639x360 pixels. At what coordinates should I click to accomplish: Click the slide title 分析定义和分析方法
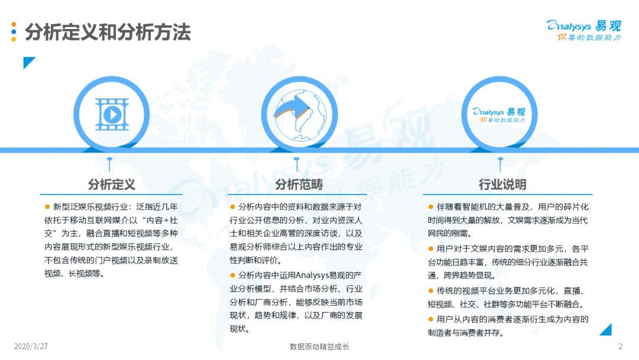[108, 32]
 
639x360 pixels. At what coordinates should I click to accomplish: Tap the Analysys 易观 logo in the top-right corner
[583, 30]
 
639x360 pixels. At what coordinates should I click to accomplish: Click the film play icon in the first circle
[112, 114]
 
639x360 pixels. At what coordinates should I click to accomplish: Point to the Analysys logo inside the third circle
[499, 114]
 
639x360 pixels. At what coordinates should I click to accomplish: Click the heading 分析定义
[112, 184]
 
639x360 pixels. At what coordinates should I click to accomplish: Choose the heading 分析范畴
[299, 184]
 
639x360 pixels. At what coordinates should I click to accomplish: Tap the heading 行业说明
[502, 184]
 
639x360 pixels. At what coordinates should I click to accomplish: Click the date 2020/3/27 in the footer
[31, 346]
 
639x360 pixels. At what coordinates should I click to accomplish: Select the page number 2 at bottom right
[620, 346]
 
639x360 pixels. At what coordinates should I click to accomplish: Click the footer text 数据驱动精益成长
[319, 346]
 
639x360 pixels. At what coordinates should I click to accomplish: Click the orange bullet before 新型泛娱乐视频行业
[47, 207]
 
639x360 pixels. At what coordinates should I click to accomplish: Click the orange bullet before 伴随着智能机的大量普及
[431, 207]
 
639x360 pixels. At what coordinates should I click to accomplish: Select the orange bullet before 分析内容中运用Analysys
[233, 275]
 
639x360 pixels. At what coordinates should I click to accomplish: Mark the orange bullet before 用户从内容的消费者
[431, 319]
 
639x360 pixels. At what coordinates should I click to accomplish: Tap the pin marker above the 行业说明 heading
[501, 164]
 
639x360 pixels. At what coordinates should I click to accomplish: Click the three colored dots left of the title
[14, 32]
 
